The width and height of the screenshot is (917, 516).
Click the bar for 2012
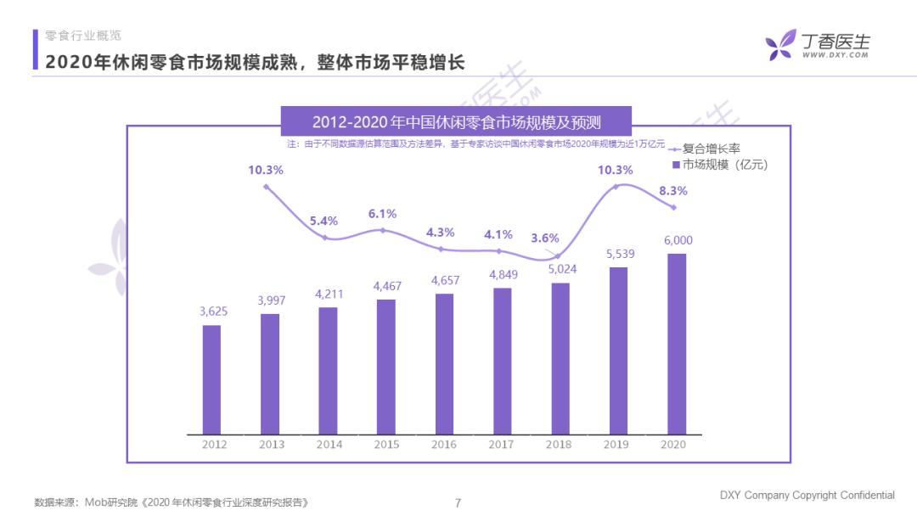(x=211, y=379)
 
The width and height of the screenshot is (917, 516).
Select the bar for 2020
(x=677, y=344)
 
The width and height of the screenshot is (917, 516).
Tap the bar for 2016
(x=444, y=364)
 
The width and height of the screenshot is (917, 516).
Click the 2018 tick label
(x=560, y=444)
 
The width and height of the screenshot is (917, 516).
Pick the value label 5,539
(x=619, y=254)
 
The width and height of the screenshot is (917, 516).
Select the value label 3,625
(x=212, y=311)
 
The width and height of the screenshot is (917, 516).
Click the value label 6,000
(x=678, y=240)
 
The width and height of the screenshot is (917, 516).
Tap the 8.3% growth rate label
(x=672, y=191)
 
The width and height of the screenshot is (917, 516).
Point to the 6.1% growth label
(x=382, y=214)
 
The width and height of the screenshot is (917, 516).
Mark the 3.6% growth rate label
(x=545, y=238)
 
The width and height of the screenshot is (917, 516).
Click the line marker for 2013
(x=267, y=187)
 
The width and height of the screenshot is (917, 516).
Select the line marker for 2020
(x=674, y=208)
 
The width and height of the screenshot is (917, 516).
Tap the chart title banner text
(x=456, y=121)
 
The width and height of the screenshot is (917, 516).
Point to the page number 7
(x=458, y=502)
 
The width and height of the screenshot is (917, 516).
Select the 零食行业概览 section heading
(x=83, y=36)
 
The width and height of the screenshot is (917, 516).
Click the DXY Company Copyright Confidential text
(x=807, y=496)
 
